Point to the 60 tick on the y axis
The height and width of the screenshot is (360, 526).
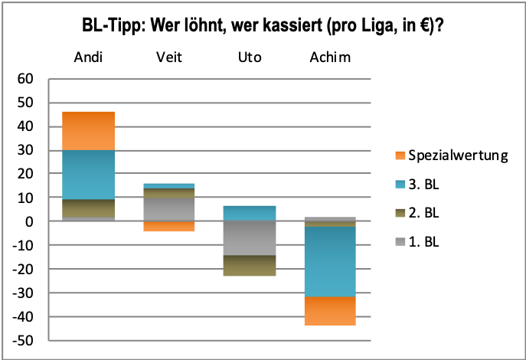pyautogui.click(x=26, y=79)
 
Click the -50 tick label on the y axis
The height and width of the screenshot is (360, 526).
pyautogui.click(x=24, y=341)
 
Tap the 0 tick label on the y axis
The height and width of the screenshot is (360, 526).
pyautogui.click(x=31, y=221)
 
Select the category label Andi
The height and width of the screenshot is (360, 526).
pyautogui.click(x=90, y=57)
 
